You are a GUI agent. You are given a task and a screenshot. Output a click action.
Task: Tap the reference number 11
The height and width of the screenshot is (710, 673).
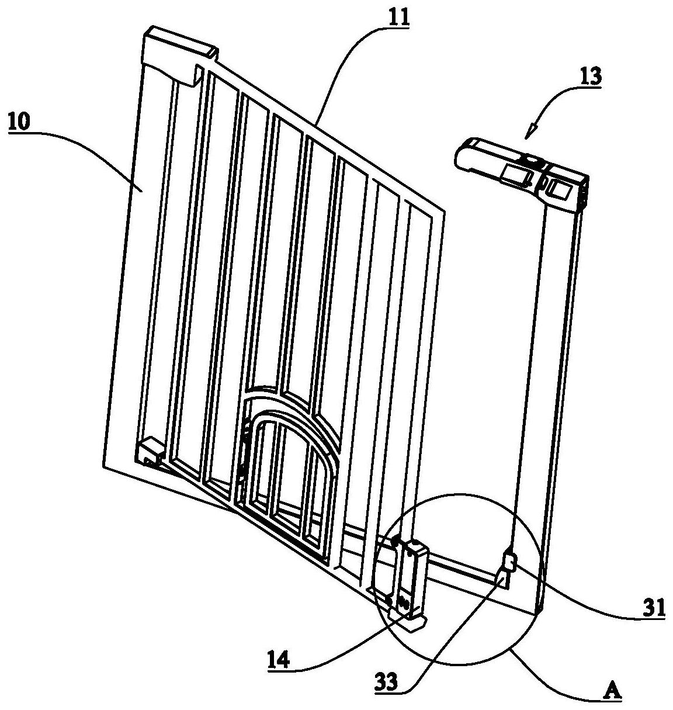click(397, 16)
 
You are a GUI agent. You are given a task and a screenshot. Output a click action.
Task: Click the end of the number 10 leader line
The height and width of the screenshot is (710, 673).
click(143, 189)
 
